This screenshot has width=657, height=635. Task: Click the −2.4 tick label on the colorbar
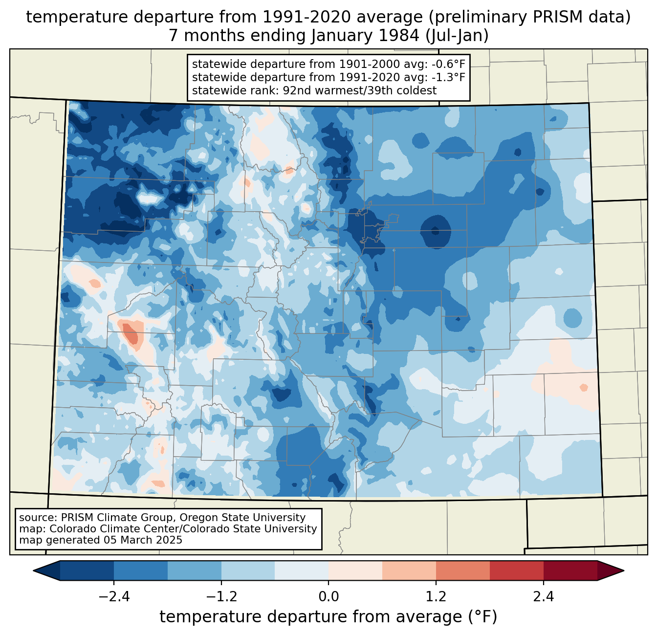coord(114,597)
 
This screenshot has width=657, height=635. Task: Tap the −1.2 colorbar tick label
coord(221,597)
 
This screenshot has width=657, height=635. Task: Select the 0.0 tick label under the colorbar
coord(328,597)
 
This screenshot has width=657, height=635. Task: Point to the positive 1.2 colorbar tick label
coord(436,597)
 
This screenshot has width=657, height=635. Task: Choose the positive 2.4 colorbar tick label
coord(543,597)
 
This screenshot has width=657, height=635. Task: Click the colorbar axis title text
coord(328,617)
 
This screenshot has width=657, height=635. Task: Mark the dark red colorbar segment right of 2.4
coord(570,570)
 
